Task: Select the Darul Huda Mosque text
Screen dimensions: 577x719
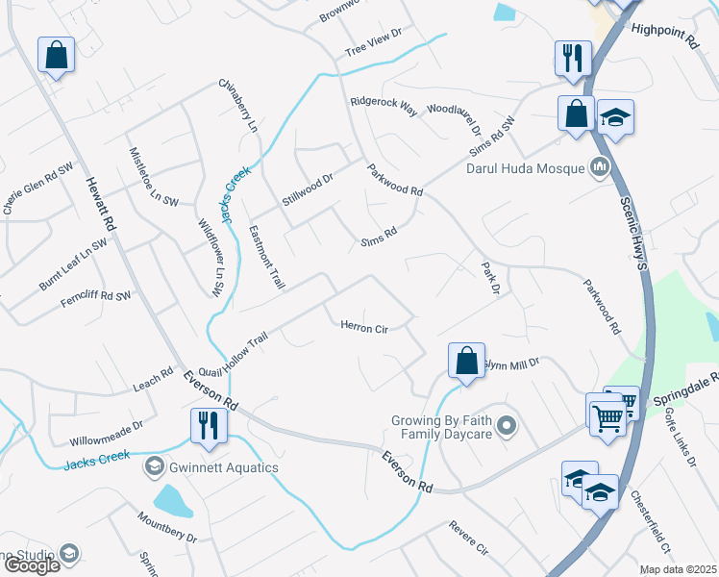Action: point(525,169)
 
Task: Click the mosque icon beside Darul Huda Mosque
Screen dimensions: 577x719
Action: point(601,167)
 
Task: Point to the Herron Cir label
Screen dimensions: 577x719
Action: point(364,327)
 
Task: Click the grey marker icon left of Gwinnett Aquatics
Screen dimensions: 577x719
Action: point(154,467)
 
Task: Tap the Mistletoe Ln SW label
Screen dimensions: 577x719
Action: point(153,177)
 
